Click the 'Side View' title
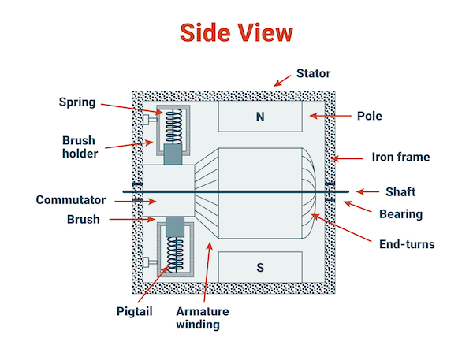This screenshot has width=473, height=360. [x=236, y=32]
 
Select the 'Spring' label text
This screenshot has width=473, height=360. [x=76, y=102]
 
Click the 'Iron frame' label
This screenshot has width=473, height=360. [x=400, y=157]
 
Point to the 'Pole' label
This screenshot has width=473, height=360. [x=368, y=116]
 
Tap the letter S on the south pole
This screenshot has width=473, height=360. [x=259, y=266]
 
